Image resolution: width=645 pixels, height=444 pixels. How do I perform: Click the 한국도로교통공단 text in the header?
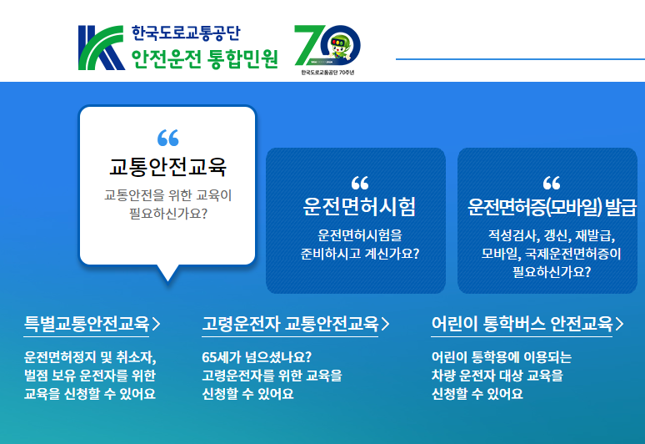[x=185, y=33]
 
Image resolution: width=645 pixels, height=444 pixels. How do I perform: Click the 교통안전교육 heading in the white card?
[x=167, y=167]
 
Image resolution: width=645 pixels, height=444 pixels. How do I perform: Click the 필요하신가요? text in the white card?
[x=167, y=214]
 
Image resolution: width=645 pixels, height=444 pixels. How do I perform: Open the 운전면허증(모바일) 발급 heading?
[x=551, y=207]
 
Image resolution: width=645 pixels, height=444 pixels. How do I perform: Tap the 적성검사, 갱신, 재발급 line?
[x=551, y=235]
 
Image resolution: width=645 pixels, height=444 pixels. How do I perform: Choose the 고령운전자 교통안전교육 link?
[x=291, y=323]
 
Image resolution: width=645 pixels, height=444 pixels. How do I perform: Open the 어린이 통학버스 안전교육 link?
[x=522, y=323]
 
